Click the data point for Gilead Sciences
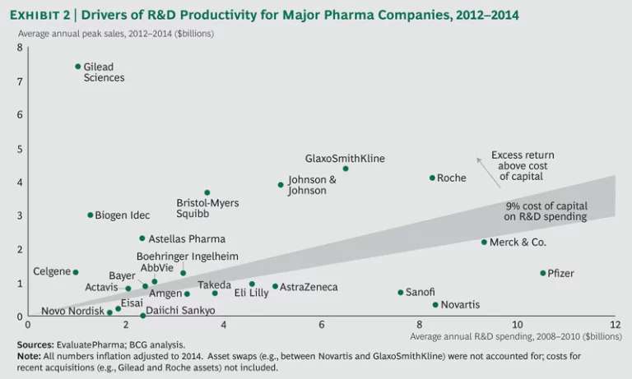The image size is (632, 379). click(x=78, y=67)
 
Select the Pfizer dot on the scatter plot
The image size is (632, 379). click(x=542, y=273)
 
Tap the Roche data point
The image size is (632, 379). click(x=432, y=178)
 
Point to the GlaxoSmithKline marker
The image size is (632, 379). click(x=346, y=169)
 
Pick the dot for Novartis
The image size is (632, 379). click(x=435, y=305)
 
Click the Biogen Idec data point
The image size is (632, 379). click(x=91, y=215)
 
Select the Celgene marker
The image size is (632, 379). click(x=76, y=272)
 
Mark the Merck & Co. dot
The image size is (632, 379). click(x=484, y=243)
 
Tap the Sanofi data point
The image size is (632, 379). click(x=401, y=293)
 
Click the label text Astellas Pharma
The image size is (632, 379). click(x=187, y=239)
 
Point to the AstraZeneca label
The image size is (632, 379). click(x=309, y=288)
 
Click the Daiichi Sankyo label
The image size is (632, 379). click(x=180, y=311)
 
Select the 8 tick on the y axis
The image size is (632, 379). click(x=20, y=48)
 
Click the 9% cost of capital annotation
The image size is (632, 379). click(x=545, y=211)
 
